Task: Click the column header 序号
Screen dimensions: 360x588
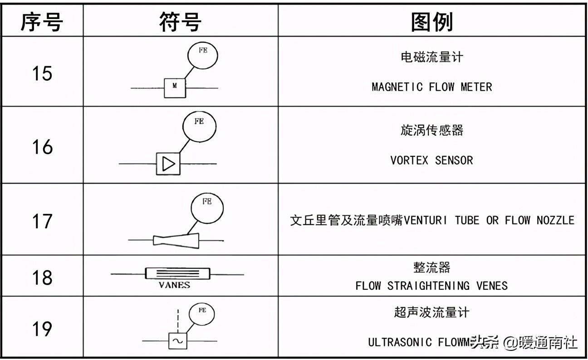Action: point(41,21)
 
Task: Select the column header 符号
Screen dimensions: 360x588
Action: point(180,21)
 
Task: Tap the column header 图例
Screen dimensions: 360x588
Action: point(431,21)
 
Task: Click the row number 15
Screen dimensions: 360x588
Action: point(42,73)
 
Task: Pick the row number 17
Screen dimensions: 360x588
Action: point(42,222)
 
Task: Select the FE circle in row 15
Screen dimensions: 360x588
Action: point(203,54)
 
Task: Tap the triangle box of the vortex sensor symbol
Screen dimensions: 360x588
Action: point(168,163)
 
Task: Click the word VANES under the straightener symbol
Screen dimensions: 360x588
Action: point(174,285)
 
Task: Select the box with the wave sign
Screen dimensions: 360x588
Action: point(177,341)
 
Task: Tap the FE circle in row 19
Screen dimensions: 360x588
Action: point(201,314)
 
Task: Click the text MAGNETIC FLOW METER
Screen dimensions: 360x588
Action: point(431,87)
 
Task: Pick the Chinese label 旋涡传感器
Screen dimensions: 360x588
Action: point(431,131)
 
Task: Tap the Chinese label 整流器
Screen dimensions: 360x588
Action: point(431,268)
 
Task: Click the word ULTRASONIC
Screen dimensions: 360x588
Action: point(400,342)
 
